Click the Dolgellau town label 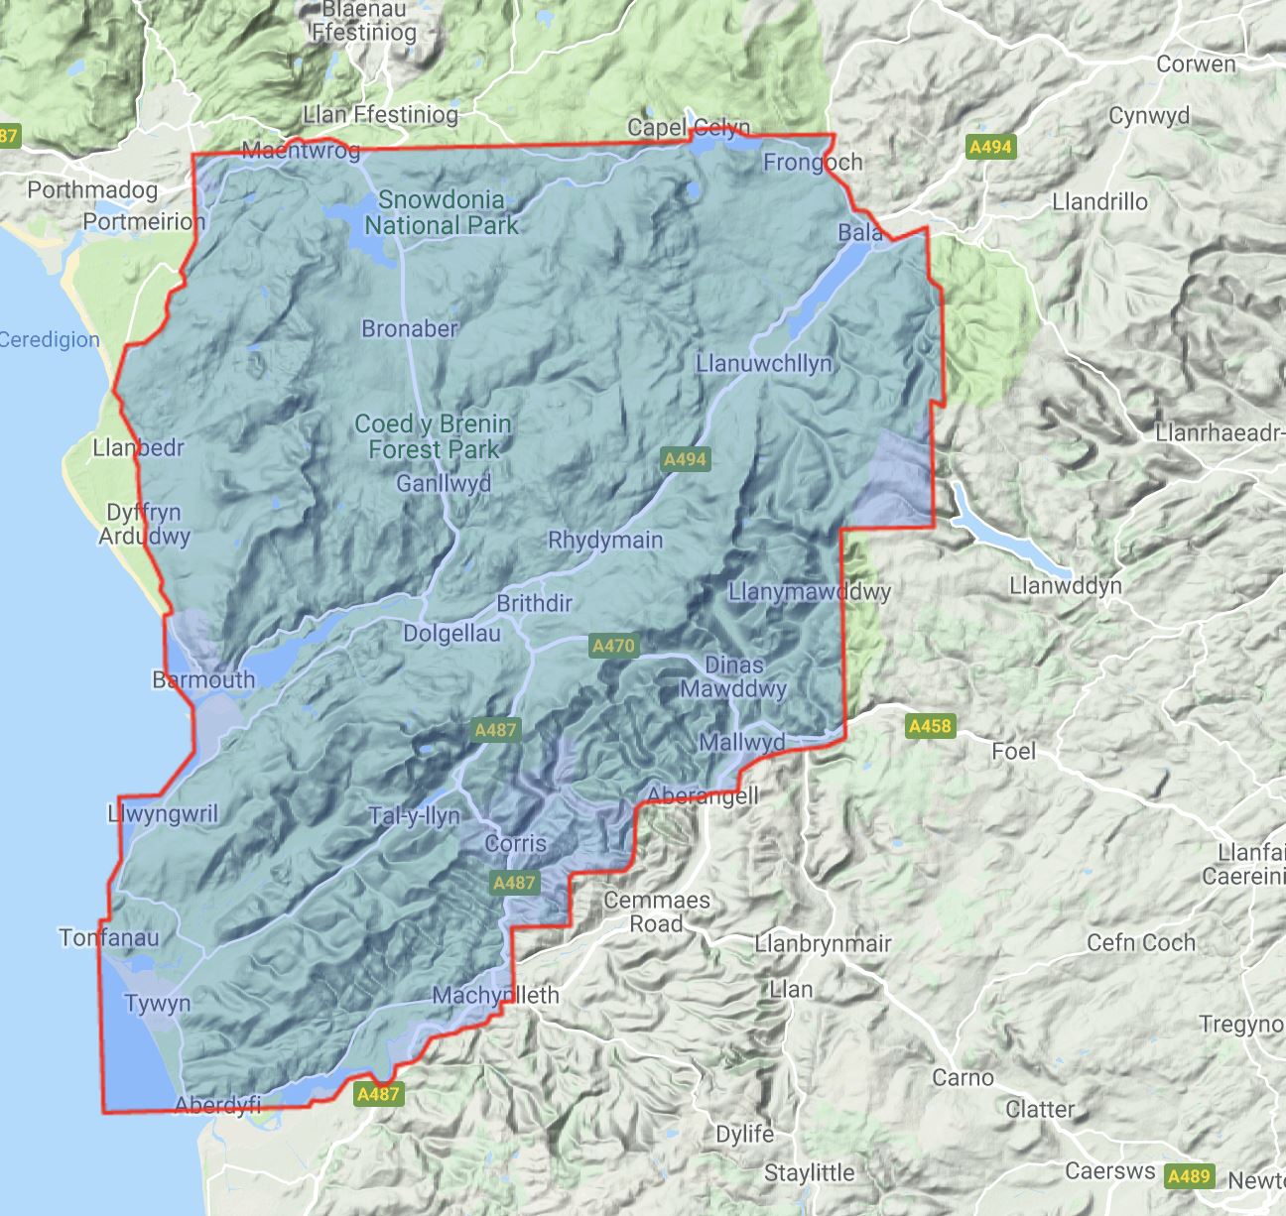click(x=451, y=633)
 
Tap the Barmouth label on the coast click(x=203, y=679)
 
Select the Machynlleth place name click(x=496, y=995)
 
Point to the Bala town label click(x=859, y=233)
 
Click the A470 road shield click(x=612, y=646)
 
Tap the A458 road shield click(x=930, y=726)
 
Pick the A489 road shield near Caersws click(x=1189, y=1176)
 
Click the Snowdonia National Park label click(x=441, y=212)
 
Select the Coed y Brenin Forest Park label click(x=434, y=436)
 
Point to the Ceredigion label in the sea click(x=50, y=339)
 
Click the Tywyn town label click(x=158, y=1003)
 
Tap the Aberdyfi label click(x=217, y=1105)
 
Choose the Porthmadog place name click(x=92, y=189)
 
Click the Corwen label click(x=1196, y=64)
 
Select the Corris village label click(x=515, y=844)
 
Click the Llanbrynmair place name click(x=823, y=942)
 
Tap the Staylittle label click(x=809, y=1173)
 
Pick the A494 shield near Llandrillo click(x=989, y=148)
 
